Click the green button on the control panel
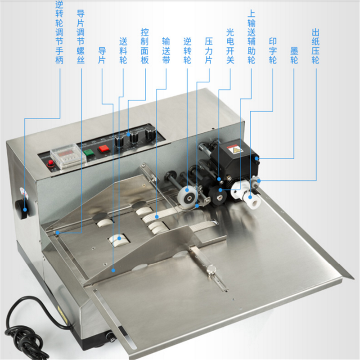(88, 153)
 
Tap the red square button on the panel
(104, 148)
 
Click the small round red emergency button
(50, 163)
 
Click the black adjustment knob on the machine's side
(22, 209)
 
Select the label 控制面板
(144, 46)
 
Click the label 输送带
(166, 50)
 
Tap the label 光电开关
(230, 46)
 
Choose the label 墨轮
(294, 55)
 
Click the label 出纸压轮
(315, 46)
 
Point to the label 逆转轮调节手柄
(59, 32)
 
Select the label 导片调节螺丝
(81, 37)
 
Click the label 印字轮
(273, 50)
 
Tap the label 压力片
(209, 50)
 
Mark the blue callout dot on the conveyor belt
(157, 216)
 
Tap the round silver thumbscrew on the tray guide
(211, 269)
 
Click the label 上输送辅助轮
(252, 37)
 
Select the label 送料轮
(123, 50)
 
